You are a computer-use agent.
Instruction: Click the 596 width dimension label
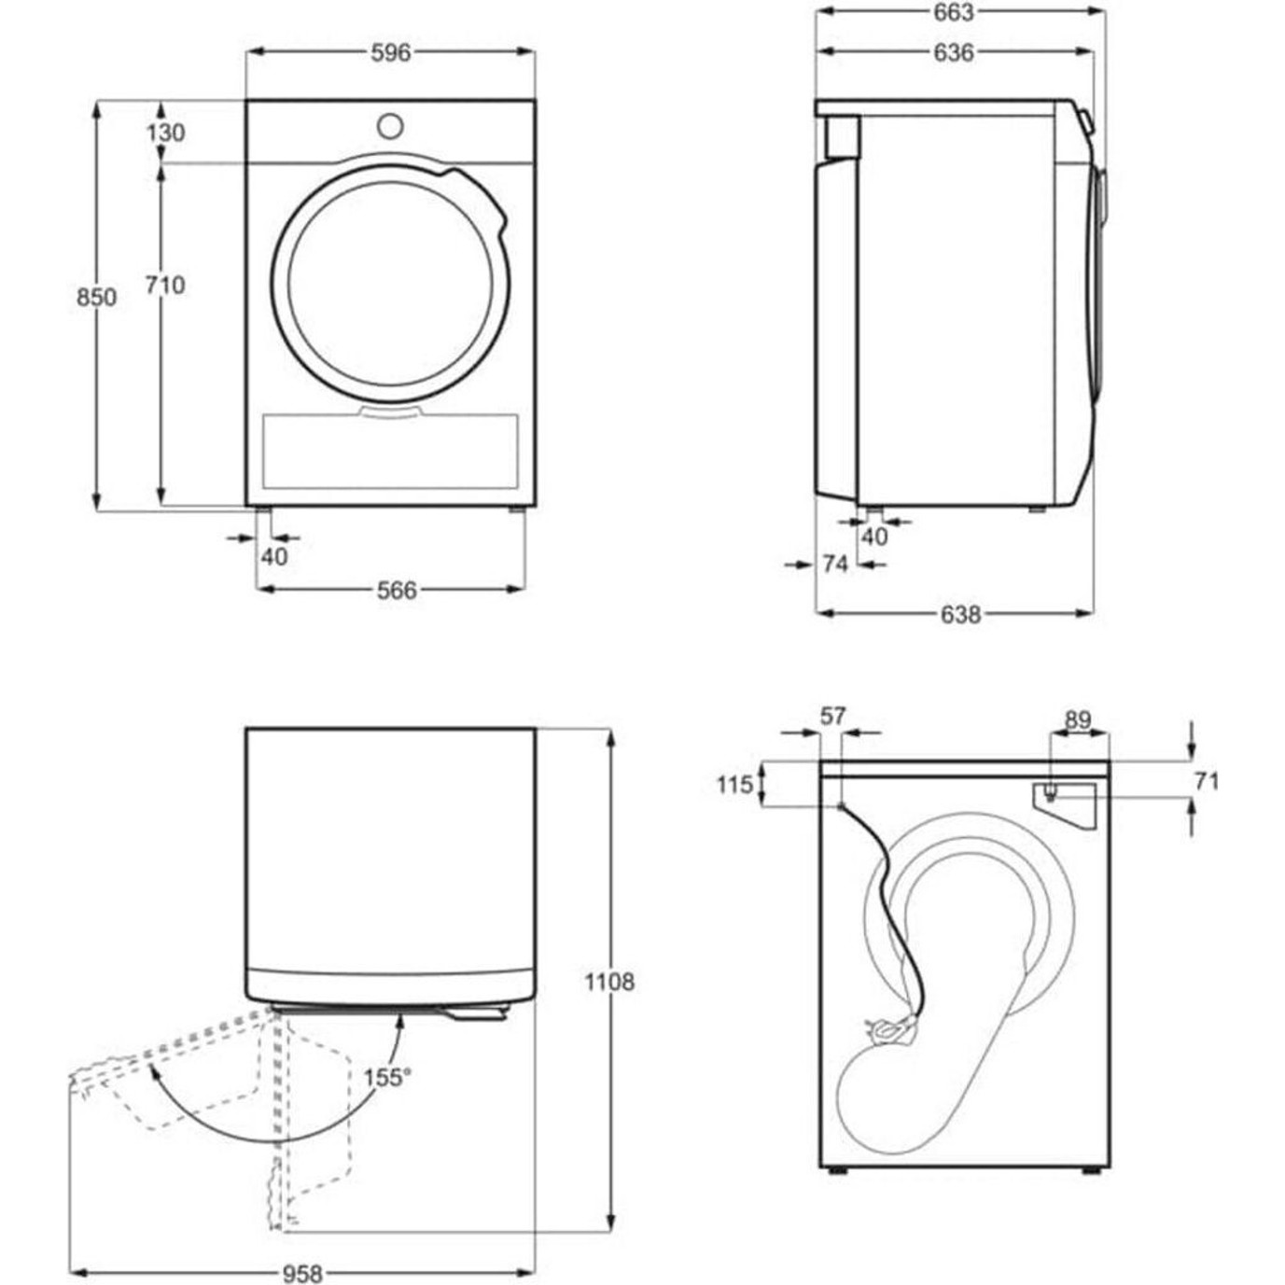[x=391, y=53]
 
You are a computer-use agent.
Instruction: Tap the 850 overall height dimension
[x=97, y=298]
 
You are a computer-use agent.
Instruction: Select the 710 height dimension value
[x=165, y=286]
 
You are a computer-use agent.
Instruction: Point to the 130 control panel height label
[x=165, y=133]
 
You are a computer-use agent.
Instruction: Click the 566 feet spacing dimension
[x=397, y=590]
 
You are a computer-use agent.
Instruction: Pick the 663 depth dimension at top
[x=954, y=13]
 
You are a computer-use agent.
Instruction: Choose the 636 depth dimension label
[x=954, y=53]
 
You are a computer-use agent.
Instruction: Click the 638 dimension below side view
[x=961, y=615]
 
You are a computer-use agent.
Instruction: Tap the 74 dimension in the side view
[x=835, y=565]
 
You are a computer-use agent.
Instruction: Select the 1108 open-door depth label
[x=609, y=983]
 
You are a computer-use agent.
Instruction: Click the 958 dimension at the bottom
[x=302, y=1275]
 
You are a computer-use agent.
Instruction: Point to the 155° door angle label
[x=387, y=1096]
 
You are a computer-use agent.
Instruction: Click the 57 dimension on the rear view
[x=832, y=717]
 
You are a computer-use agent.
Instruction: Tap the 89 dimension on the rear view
[x=1078, y=720]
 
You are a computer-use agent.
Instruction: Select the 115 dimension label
[x=734, y=786]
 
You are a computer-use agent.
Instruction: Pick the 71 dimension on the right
[x=1207, y=781]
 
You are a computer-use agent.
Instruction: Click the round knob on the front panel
[x=390, y=126]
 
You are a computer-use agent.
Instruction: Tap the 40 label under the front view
[x=274, y=556]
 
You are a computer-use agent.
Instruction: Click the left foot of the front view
[x=263, y=510]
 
